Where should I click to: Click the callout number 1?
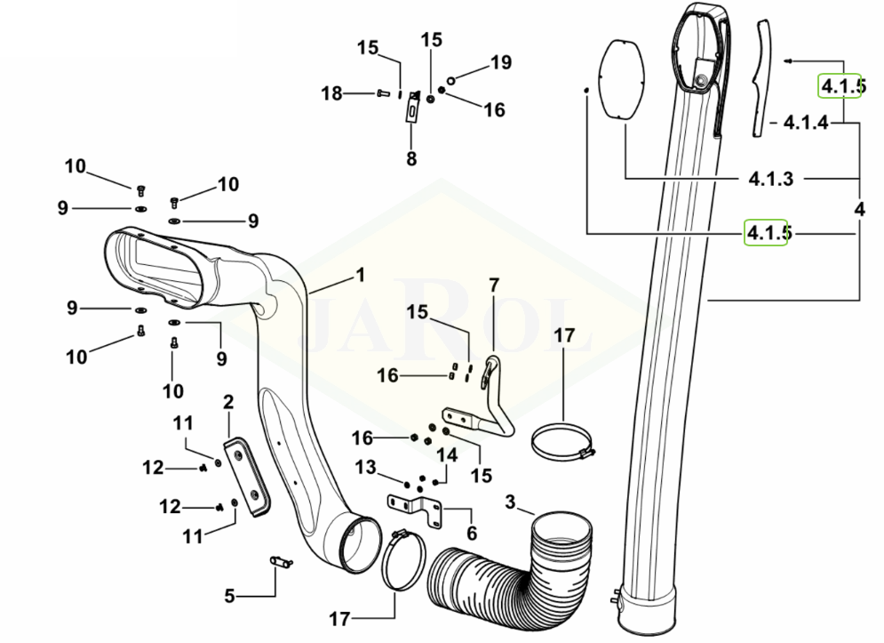click(361, 275)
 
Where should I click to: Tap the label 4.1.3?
click(770, 179)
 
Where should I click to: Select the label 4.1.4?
click(806, 123)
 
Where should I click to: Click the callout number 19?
click(500, 62)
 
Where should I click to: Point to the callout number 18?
click(332, 93)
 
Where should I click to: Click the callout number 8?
click(411, 158)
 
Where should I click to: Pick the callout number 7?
click(494, 285)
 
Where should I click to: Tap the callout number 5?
click(229, 596)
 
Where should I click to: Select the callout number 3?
click(510, 502)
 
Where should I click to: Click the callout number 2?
click(228, 402)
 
